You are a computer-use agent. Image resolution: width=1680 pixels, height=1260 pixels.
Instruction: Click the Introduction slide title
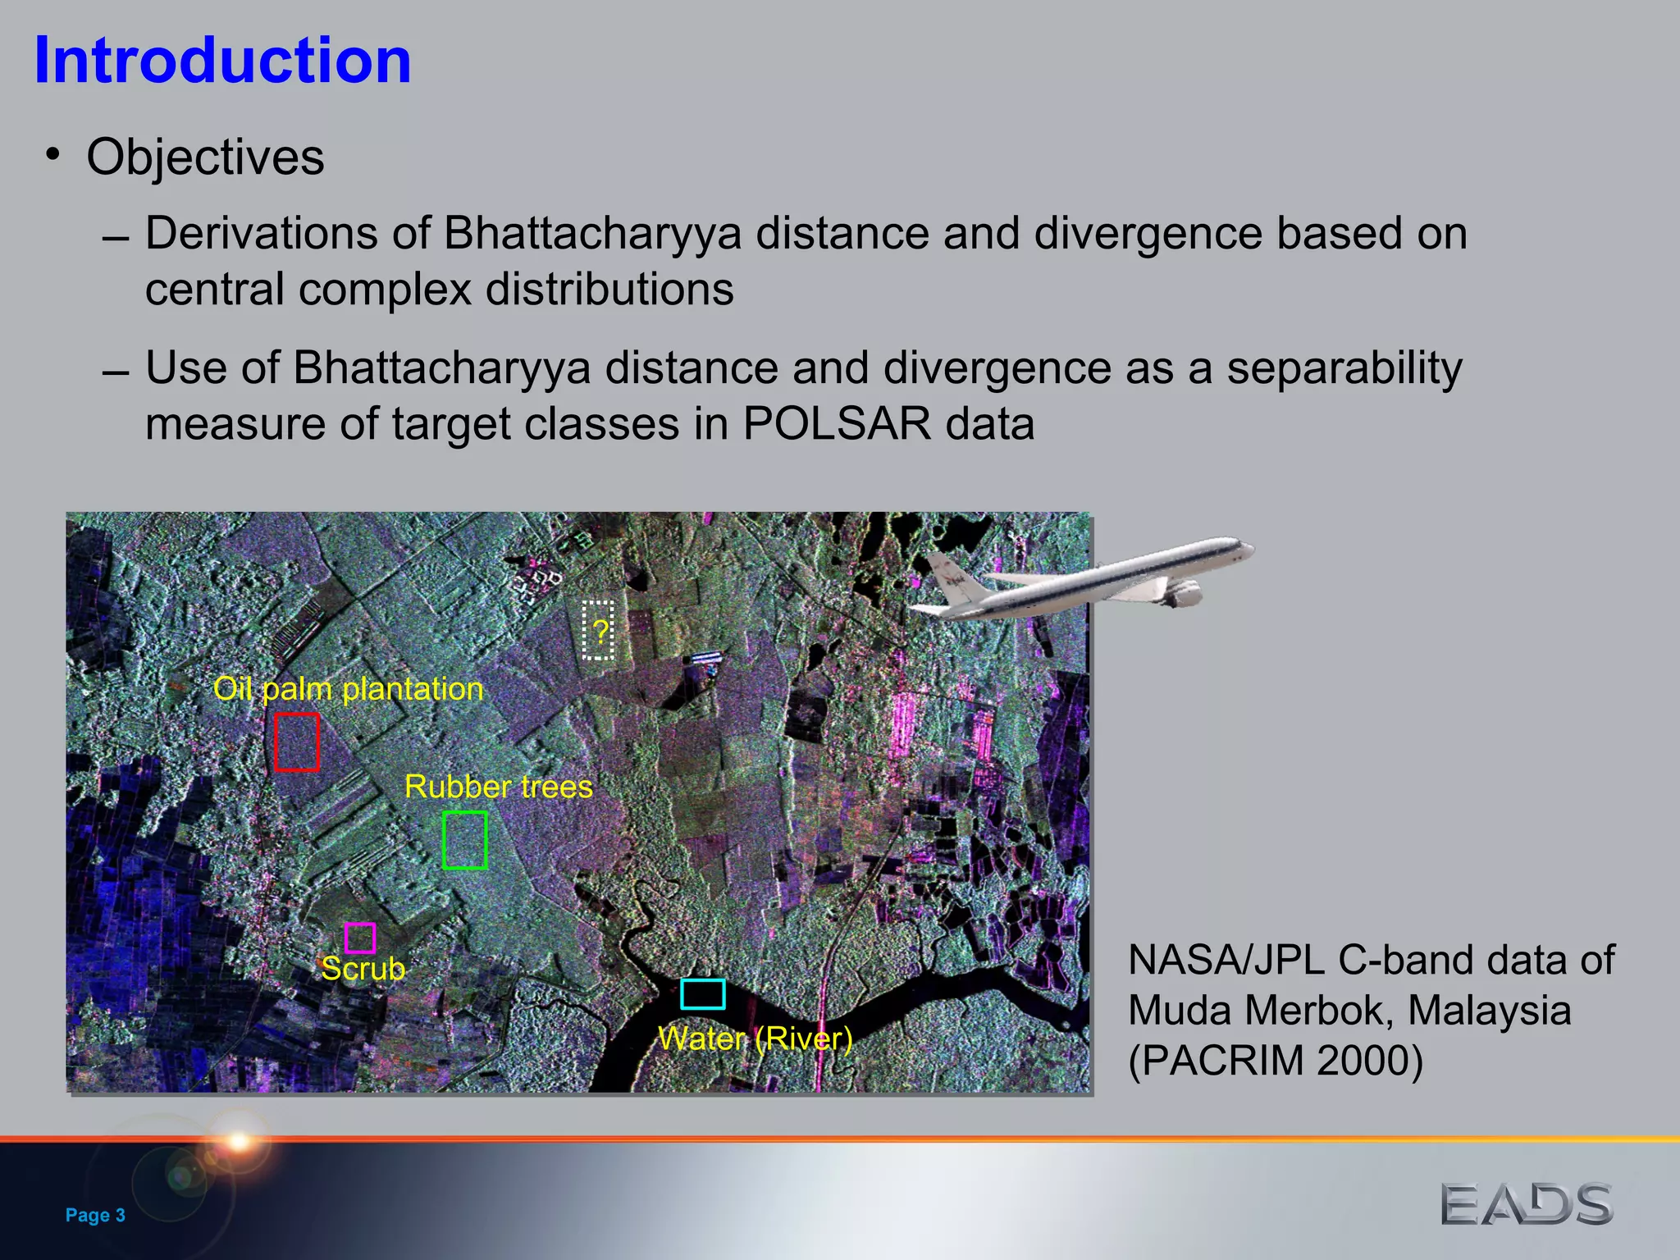point(222,61)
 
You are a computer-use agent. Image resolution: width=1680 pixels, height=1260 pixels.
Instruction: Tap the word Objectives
point(205,157)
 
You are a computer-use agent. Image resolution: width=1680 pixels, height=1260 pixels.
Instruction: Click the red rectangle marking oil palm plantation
point(296,742)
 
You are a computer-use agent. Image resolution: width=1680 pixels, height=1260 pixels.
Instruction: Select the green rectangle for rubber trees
point(465,840)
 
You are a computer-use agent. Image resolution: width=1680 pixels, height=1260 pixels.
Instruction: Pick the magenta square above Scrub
point(360,938)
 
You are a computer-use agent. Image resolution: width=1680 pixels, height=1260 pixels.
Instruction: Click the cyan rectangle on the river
point(703,994)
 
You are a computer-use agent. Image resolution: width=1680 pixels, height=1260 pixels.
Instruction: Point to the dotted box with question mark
point(599,630)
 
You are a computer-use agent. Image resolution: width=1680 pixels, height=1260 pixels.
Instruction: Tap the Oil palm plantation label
point(349,689)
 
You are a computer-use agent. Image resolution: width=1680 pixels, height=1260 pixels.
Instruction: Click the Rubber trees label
point(499,787)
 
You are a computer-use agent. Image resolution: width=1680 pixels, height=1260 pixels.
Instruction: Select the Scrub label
point(363,970)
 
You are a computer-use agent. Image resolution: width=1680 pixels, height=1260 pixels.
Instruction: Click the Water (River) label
point(756,1039)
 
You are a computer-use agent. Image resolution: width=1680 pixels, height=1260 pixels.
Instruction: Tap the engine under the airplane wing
point(1182,593)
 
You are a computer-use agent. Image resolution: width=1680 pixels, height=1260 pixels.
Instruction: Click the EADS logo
point(1527,1205)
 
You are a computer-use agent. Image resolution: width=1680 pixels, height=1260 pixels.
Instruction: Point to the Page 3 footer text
point(95,1215)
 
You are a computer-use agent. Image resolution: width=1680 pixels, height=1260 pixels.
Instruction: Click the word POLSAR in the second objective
point(837,424)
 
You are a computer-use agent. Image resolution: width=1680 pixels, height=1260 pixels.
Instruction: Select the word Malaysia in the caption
point(1489,1011)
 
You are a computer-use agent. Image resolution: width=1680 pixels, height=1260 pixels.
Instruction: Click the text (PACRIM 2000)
point(1276,1061)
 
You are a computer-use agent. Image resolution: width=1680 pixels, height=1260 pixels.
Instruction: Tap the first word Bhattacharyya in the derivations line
point(592,234)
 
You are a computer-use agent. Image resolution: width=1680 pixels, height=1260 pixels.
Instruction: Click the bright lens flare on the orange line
point(239,1141)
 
